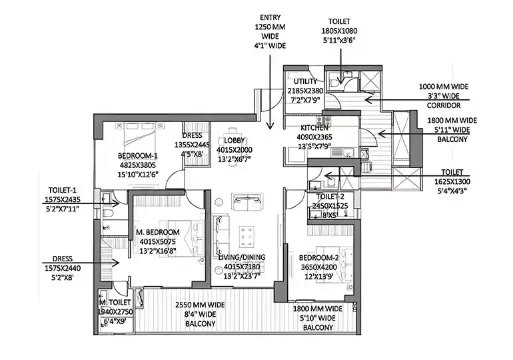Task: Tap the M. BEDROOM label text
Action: coord(157,232)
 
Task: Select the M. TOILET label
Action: coord(115,301)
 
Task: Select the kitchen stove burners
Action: coord(324,121)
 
